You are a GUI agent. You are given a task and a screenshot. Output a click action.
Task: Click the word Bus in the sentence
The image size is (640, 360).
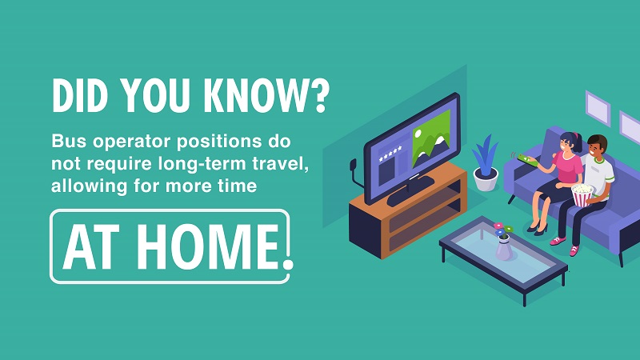69,142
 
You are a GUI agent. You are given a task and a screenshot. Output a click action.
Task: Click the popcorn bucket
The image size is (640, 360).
582,194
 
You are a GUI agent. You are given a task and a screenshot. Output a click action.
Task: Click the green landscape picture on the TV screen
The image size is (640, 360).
430,138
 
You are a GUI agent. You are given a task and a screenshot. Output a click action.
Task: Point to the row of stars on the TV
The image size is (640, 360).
390,153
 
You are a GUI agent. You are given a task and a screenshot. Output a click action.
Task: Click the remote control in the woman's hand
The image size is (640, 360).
527,159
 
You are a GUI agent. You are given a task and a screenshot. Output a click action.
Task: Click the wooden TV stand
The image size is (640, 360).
408,210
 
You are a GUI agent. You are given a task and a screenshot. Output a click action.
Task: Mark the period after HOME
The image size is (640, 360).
288,263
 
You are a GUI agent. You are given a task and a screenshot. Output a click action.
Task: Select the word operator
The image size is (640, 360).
131,142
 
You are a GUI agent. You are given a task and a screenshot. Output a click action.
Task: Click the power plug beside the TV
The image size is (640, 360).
354,166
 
